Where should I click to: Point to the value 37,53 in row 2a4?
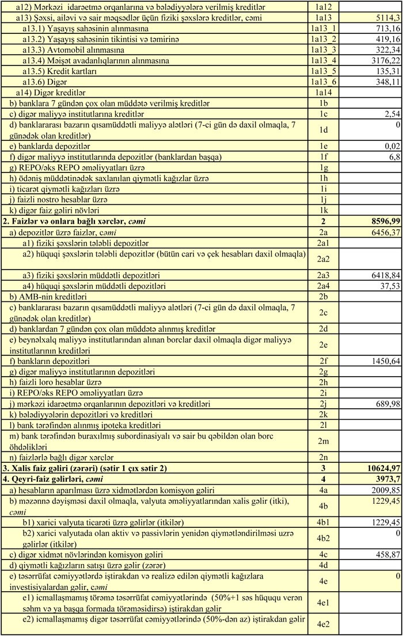388,285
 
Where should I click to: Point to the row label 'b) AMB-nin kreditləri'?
50,296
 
